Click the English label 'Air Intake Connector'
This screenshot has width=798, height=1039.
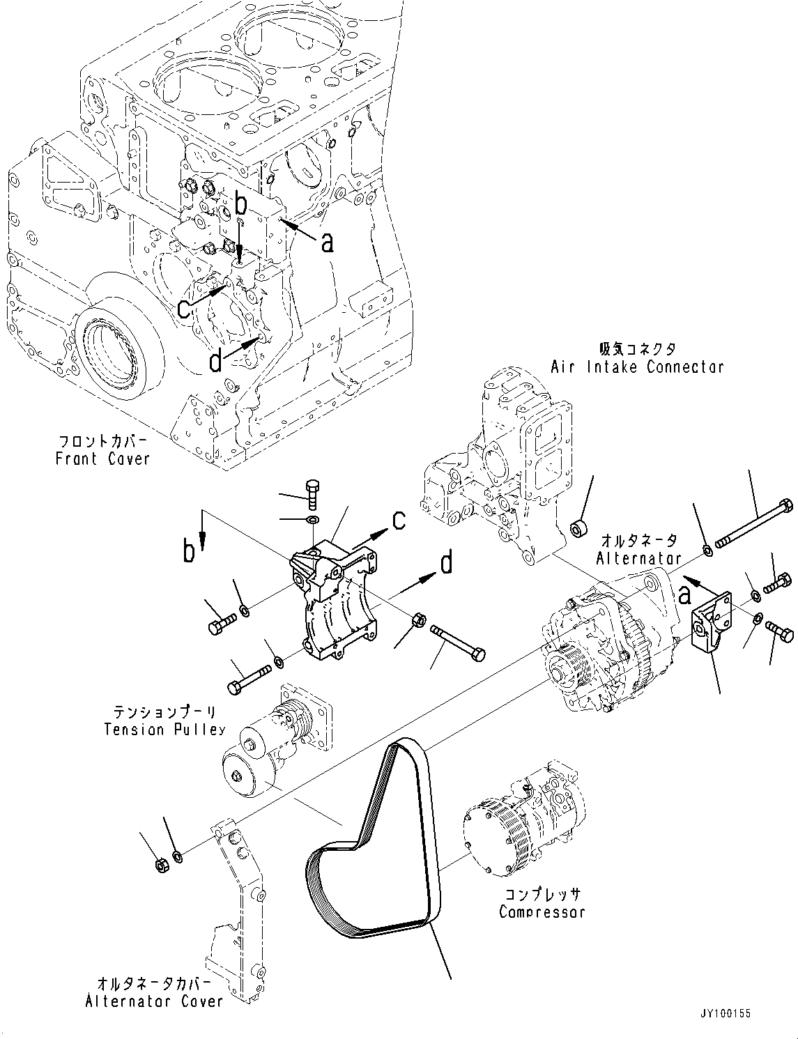pos(637,367)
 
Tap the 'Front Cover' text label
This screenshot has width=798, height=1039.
pos(103,459)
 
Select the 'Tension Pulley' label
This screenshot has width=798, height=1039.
pos(164,730)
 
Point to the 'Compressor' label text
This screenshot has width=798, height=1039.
pos(542,911)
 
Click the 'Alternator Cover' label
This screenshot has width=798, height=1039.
pos(154,1001)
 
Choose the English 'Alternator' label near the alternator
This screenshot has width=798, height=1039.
pos(639,558)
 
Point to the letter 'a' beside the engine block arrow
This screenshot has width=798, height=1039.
pos(326,242)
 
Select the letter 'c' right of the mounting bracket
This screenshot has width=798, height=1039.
pos(398,520)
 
